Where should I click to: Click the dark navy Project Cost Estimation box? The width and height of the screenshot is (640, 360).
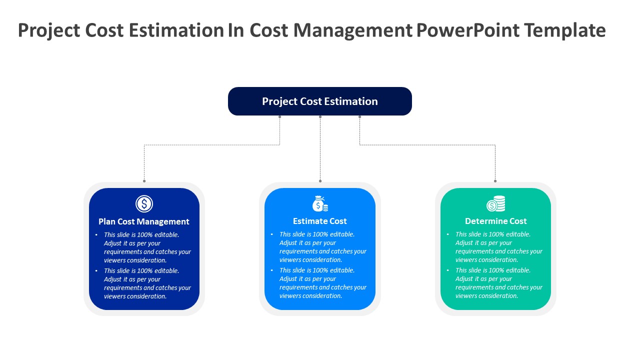320,101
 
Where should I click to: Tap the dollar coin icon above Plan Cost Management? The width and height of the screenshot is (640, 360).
144,204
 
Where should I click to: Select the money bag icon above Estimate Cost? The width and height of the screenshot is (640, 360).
320,203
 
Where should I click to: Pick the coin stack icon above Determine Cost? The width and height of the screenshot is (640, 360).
496,203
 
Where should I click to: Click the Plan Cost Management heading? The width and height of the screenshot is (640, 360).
144,221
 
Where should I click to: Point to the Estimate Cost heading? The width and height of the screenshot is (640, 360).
320,221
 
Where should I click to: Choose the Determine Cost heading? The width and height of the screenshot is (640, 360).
496,221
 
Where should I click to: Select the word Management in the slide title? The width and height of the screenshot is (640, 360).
352,30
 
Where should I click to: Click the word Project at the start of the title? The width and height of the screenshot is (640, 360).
49,30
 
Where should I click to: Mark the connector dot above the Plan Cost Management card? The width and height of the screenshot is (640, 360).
144,181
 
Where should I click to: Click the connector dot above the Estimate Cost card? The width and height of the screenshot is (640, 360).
320,181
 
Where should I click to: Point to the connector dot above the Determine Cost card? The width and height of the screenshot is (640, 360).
495,181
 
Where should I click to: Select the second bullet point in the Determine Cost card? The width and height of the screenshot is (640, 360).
499,283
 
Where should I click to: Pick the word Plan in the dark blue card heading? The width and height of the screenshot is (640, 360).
107,221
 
